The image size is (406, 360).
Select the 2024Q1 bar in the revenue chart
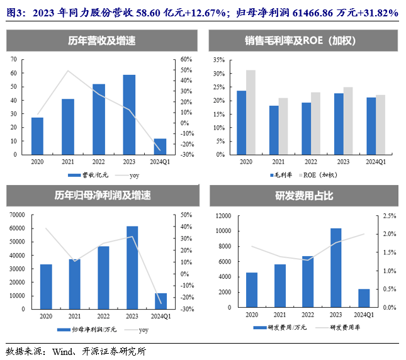160,146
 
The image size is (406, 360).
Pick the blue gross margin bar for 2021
274,130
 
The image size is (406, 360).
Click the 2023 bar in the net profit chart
132,267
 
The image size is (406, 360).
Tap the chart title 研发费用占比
303,196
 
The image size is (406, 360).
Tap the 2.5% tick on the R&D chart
388,215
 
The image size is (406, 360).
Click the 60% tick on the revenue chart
186,59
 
